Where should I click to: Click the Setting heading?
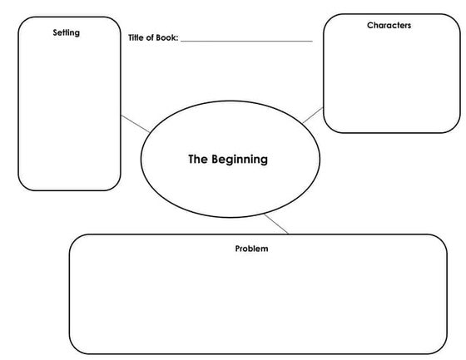coord(67,32)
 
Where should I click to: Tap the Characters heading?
coord(389,26)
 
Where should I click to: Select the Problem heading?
coord(251,249)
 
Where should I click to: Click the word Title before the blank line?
coord(137,38)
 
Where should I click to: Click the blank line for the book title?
coord(246,40)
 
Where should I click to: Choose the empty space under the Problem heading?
coord(258,303)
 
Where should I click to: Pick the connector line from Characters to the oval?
coord(312,114)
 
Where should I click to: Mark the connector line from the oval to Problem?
coord(277,224)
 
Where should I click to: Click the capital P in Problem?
coord(237,249)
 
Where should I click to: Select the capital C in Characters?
coord(369,26)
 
